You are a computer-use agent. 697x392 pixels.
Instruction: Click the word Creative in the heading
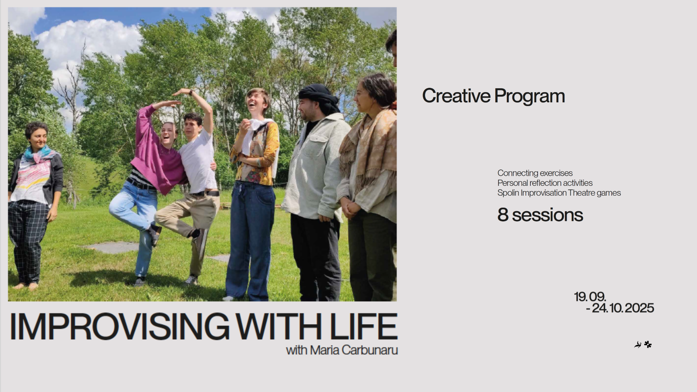tap(456, 96)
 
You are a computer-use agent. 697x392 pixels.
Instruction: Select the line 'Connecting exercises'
tap(535, 173)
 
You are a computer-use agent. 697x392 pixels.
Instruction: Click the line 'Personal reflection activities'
tap(545, 183)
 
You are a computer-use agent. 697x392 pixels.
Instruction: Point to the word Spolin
tap(508, 193)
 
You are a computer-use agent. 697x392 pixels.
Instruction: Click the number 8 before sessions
tap(503, 215)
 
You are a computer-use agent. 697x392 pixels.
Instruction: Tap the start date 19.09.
tap(590, 297)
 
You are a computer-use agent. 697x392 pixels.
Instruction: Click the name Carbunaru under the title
tap(370, 350)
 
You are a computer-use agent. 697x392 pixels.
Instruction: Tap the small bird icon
tap(638, 345)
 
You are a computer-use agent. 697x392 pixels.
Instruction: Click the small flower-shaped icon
tap(648, 344)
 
